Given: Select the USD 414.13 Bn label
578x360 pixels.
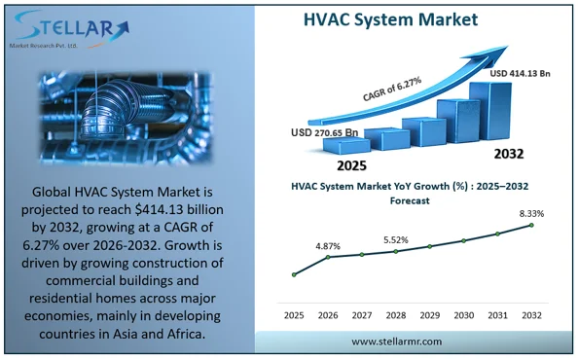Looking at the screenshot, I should tap(521, 72).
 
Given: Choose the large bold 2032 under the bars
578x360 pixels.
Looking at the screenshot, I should tap(507, 154).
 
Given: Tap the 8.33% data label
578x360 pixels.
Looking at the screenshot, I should tap(531, 213).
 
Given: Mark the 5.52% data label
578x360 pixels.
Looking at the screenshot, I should tap(396, 239).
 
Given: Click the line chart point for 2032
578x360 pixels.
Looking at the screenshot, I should tap(531, 225).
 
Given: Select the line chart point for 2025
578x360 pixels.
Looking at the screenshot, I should tap(294, 274).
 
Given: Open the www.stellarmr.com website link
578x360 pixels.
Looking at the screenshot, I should tap(396, 342).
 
